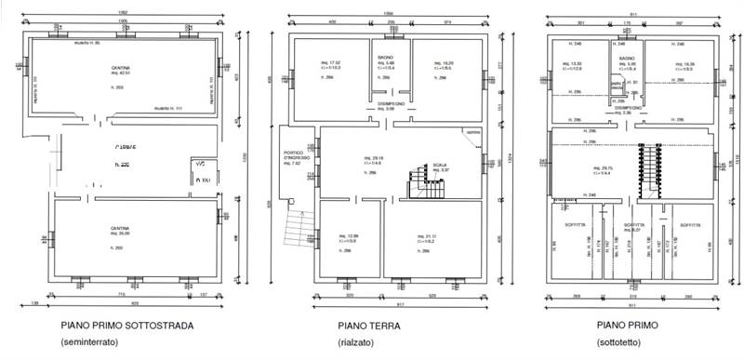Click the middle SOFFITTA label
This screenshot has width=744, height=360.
point(634,226)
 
